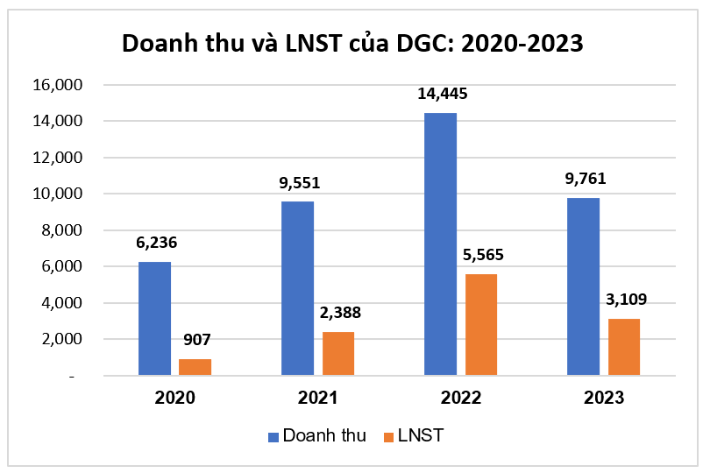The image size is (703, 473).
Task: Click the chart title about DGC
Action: tap(351, 44)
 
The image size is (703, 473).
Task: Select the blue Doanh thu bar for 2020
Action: tap(155, 319)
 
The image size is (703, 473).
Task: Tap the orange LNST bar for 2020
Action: tap(195, 367)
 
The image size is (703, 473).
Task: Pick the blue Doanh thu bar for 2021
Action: tap(298, 288)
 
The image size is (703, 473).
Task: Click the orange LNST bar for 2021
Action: tap(338, 354)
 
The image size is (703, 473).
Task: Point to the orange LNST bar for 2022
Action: tap(481, 325)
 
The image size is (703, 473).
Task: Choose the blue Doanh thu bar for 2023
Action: tap(583, 286)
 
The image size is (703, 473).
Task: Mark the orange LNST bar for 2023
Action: tap(624, 347)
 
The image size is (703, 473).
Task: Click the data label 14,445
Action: tap(441, 95)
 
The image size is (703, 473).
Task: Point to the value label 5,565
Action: tap(481, 256)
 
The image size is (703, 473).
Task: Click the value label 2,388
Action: tap(339, 314)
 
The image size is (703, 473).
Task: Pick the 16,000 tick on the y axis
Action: tap(57, 85)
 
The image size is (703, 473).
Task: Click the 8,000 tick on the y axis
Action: tap(60, 230)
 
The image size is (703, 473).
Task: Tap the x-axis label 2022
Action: tap(460, 398)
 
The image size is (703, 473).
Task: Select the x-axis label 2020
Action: tap(175, 398)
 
